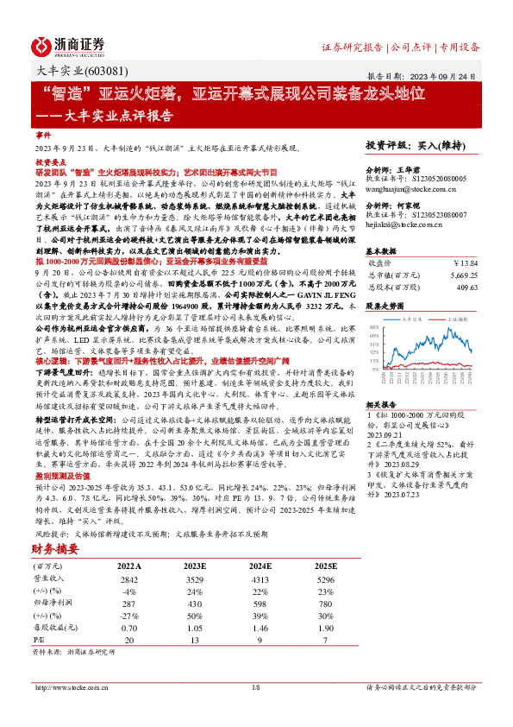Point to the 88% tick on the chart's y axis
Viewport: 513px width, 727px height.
point(373,327)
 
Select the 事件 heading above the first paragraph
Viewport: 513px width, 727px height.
point(43,136)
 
